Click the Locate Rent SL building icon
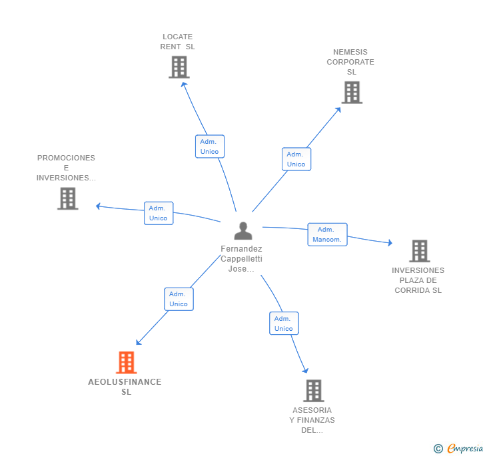[179, 67]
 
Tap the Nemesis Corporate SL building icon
[352, 93]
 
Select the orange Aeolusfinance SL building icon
[126, 363]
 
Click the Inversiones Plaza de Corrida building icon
[419, 251]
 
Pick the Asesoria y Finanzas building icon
[313, 391]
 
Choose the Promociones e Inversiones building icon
[67, 198]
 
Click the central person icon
[243, 230]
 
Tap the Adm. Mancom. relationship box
[327, 234]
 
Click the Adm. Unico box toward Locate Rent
[209, 146]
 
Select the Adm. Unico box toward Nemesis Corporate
[296, 159]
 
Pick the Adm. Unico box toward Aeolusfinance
[179, 299]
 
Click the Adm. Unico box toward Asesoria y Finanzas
[284, 324]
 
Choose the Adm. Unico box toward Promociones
[159, 213]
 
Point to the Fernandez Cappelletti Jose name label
[241, 259]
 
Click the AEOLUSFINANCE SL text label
[125, 387]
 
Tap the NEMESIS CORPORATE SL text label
[350, 62]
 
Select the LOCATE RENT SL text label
[177, 42]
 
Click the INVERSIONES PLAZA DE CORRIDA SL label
[418, 280]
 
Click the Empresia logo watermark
[459, 448]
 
